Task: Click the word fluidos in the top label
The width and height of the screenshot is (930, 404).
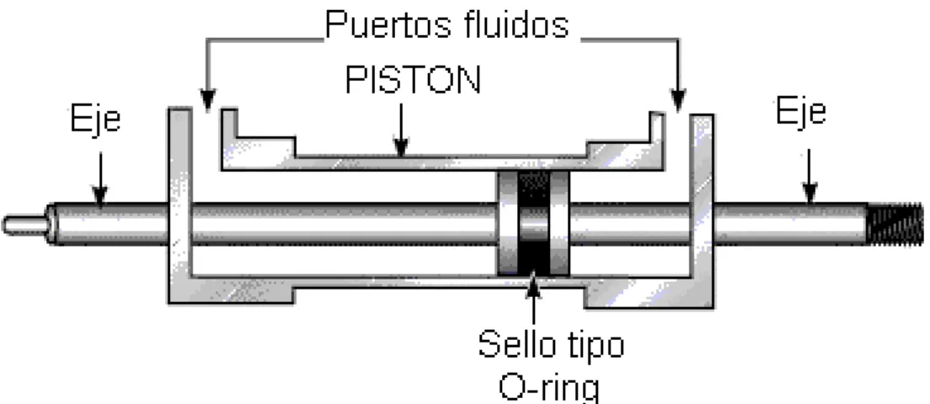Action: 514,25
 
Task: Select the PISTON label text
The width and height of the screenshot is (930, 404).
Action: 413,79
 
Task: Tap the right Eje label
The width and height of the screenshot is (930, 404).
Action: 801,111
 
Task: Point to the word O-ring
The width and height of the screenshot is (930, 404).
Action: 549,387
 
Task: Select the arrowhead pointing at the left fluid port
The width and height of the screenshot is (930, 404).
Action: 207,100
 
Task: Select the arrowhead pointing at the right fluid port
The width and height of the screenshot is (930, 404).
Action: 678,100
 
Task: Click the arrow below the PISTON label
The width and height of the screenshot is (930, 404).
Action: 402,130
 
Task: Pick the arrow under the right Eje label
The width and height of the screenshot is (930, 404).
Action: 810,176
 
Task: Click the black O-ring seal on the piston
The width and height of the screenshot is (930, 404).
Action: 534,224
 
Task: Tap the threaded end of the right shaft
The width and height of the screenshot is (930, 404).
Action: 895,224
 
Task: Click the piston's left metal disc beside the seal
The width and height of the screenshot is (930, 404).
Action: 507,224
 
